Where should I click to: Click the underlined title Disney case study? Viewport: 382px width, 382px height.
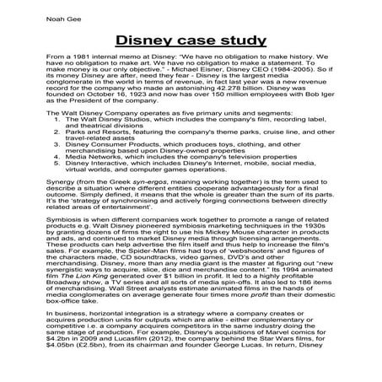click(x=191, y=40)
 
